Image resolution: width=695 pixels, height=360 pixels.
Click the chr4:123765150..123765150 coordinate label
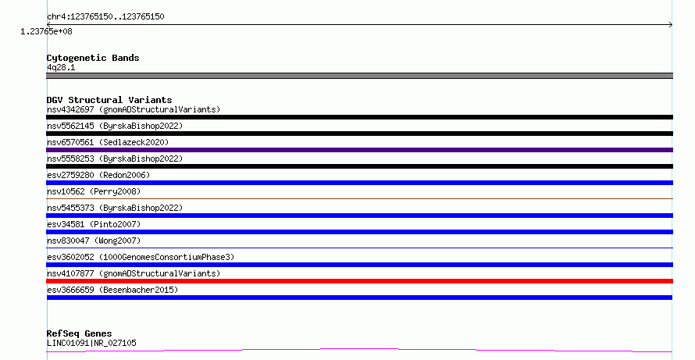pyautogui.click(x=105, y=17)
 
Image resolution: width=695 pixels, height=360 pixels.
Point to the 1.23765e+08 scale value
pyautogui.click(x=46, y=31)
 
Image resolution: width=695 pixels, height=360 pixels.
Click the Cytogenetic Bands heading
pyautogui.click(x=93, y=58)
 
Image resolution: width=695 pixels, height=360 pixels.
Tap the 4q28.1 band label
pyautogui.click(x=61, y=67)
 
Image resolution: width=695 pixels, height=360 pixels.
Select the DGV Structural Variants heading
pyautogui.click(x=109, y=100)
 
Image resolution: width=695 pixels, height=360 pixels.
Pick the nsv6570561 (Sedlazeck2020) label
pyautogui.click(x=108, y=142)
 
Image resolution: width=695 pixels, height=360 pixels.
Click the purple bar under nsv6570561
pyautogui.click(x=359, y=150)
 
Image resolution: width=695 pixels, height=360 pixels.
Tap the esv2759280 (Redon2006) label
pyautogui.click(x=98, y=175)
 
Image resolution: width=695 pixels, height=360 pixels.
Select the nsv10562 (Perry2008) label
pyautogui.click(x=94, y=191)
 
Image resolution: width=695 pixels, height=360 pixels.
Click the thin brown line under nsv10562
pyautogui.click(x=359, y=198)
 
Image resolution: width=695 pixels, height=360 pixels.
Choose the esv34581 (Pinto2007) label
pyautogui.click(x=94, y=224)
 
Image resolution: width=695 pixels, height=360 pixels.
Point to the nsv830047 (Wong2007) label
pyautogui.click(x=94, y=241)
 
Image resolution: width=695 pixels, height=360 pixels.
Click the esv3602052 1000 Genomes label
pyautogui.click(x=141, y=257)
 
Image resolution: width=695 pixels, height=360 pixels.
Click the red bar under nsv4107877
pyautogui.click(x=359, y=281)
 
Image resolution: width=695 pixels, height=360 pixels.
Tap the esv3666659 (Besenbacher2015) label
pyautogui.click(x=112, y=290)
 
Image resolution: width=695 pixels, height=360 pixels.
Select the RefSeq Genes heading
pyautogui.click(x=79, y=333)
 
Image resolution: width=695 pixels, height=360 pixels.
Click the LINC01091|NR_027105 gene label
pyautogui.click(x=91, y=343)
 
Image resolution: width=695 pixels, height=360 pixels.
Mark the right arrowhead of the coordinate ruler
pyautogui.click(x=671, y=25)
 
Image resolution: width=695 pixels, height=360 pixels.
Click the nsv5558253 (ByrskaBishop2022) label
pyautogui.click(x=115, y=159)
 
